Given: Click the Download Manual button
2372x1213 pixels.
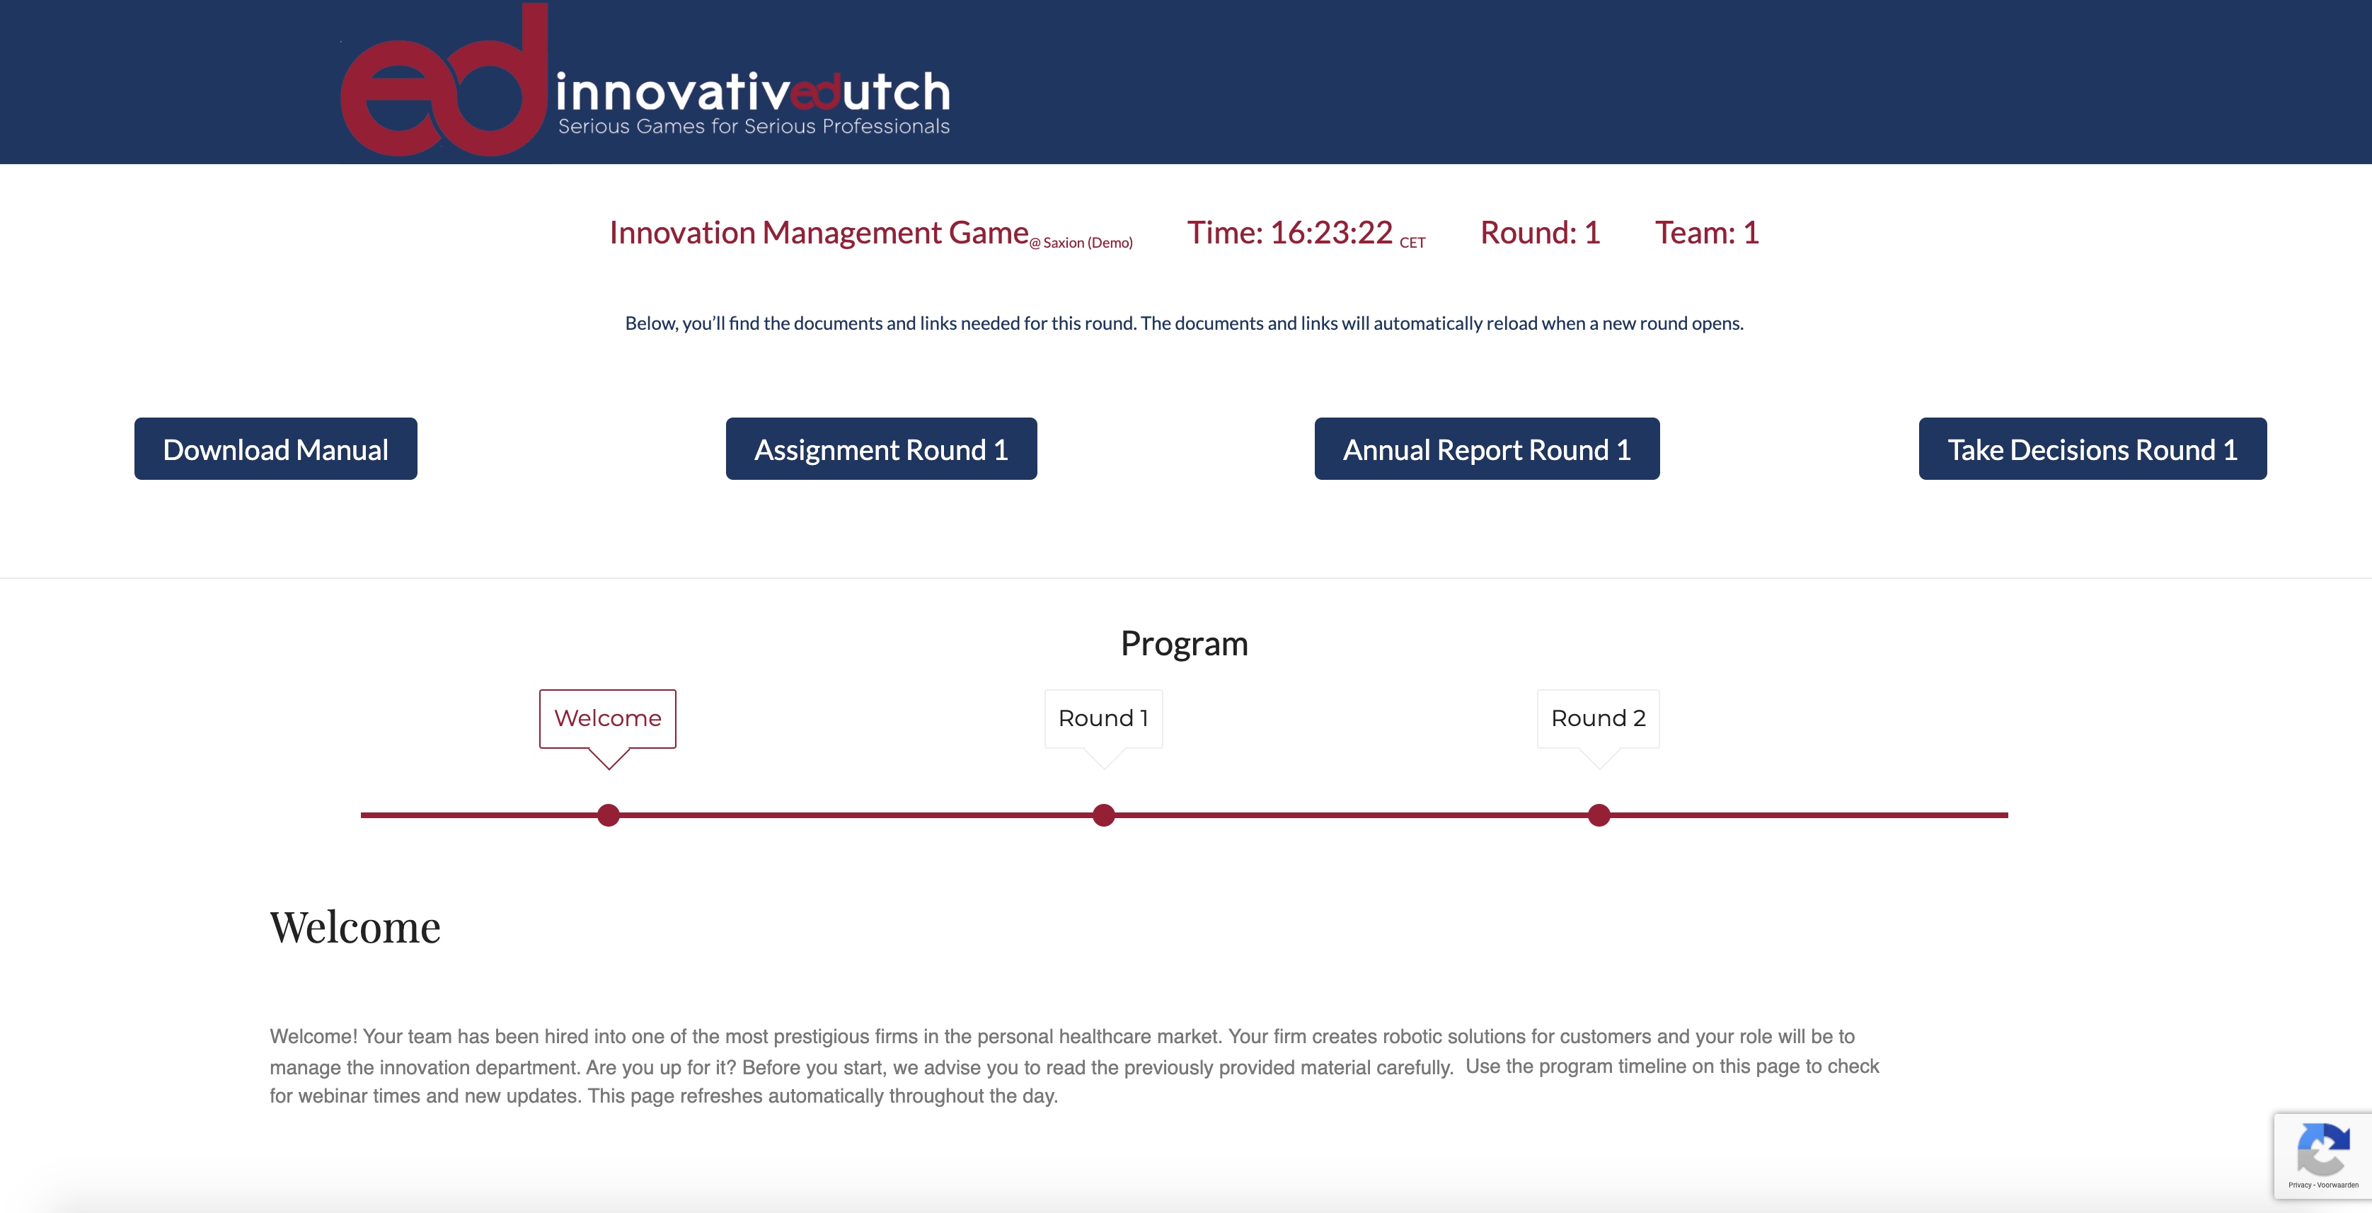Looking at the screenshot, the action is point(275,449).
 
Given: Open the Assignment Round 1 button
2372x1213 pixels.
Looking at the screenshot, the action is point(881,449).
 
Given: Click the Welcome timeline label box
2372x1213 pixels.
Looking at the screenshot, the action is point(608,718).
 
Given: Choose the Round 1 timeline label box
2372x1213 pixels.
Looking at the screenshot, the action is point(1103,718).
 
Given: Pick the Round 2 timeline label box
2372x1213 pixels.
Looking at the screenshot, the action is point(1599,718).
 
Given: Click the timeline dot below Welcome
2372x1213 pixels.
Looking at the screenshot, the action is point(609,815).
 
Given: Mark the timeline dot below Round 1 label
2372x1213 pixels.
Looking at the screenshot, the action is point(1104,815).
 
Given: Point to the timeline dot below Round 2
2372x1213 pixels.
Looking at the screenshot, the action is point(1599,815).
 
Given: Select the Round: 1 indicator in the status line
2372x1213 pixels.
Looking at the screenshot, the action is point(1541,232).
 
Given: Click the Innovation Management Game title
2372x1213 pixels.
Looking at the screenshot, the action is point(819,233).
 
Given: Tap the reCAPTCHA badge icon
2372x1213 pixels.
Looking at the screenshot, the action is point(2323,1149).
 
